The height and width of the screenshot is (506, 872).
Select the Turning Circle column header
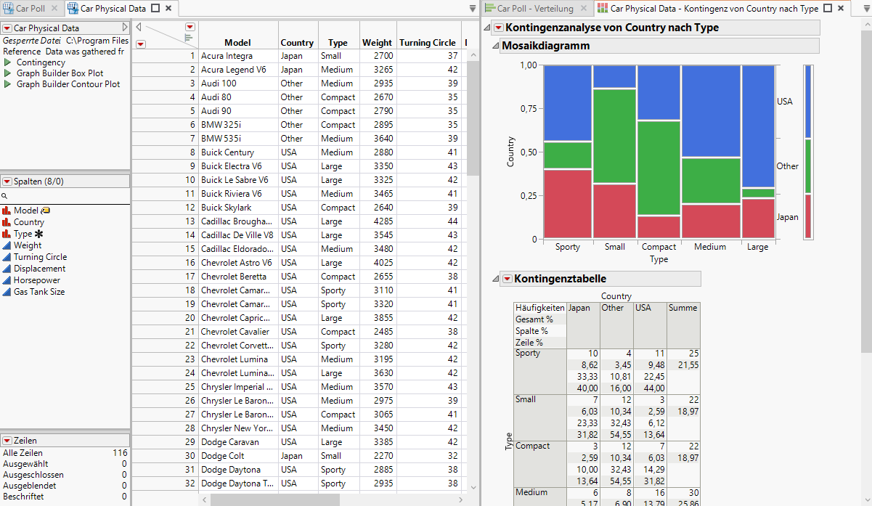pyautogui.click(x=427, y=43)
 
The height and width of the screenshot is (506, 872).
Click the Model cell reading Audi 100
pyautogui.click(x=219, y=83)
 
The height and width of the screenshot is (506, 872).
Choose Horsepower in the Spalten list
pyautogui.click(x=36, y=280)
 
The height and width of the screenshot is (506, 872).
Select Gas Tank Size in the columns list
pyautogui.click(x=38, y=292)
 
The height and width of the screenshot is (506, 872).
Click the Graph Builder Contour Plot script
pyautogui.click(x=68, y=84)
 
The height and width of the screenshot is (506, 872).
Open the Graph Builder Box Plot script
pyautogui.click(x=60, y=73)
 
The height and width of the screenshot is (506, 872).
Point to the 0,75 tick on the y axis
pyautogui.click(x=527, y=109)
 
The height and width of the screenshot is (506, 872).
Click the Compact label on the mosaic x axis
pyautogui.click(x=659, y=247)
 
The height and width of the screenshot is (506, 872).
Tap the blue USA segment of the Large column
pyautogui.click(x=757, y=126)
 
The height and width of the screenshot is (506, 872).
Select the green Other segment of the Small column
pyautogui.click(x=614, y=136)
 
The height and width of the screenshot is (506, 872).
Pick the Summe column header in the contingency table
pyautogui.click(x=682, y=308)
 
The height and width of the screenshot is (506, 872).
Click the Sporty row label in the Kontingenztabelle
pyautogui.click(x=528, y=354)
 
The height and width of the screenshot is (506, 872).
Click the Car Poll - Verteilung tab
pyautogui.click(x=534, y=9)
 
